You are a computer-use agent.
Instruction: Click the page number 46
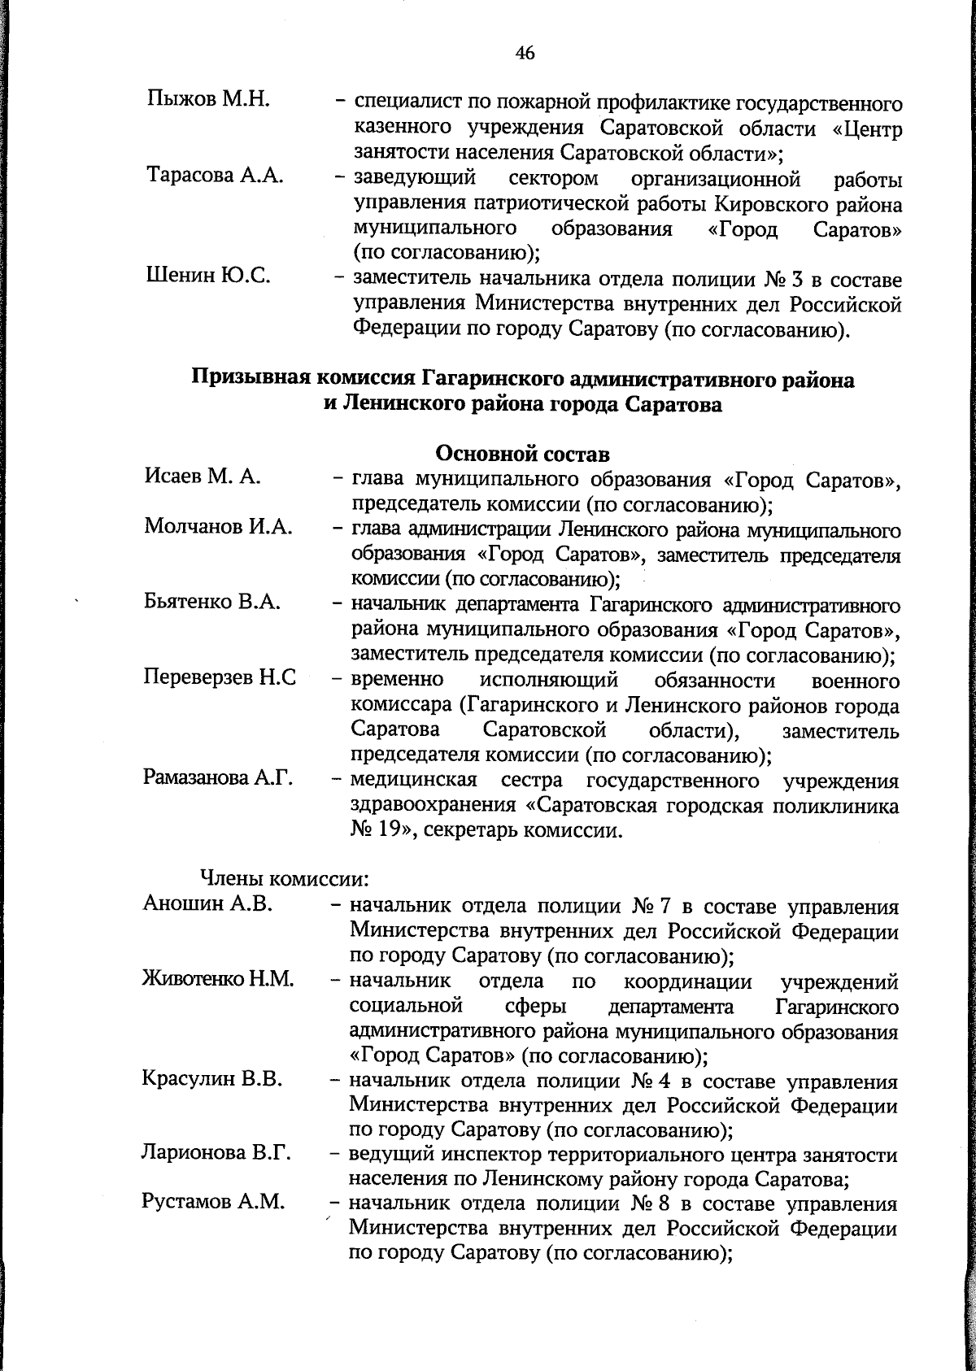click(x=525, y=54)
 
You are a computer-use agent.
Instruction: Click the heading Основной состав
click(x=523, y=453)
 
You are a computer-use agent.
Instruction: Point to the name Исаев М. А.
click(x=202, y=477)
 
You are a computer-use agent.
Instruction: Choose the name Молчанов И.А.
click(x=218, y=528)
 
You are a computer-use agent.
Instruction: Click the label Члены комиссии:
click(x=285, y=879)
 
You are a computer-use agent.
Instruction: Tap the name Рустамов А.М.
click(x=213, y=1202)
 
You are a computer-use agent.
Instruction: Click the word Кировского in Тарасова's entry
click(x=774, y=202)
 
